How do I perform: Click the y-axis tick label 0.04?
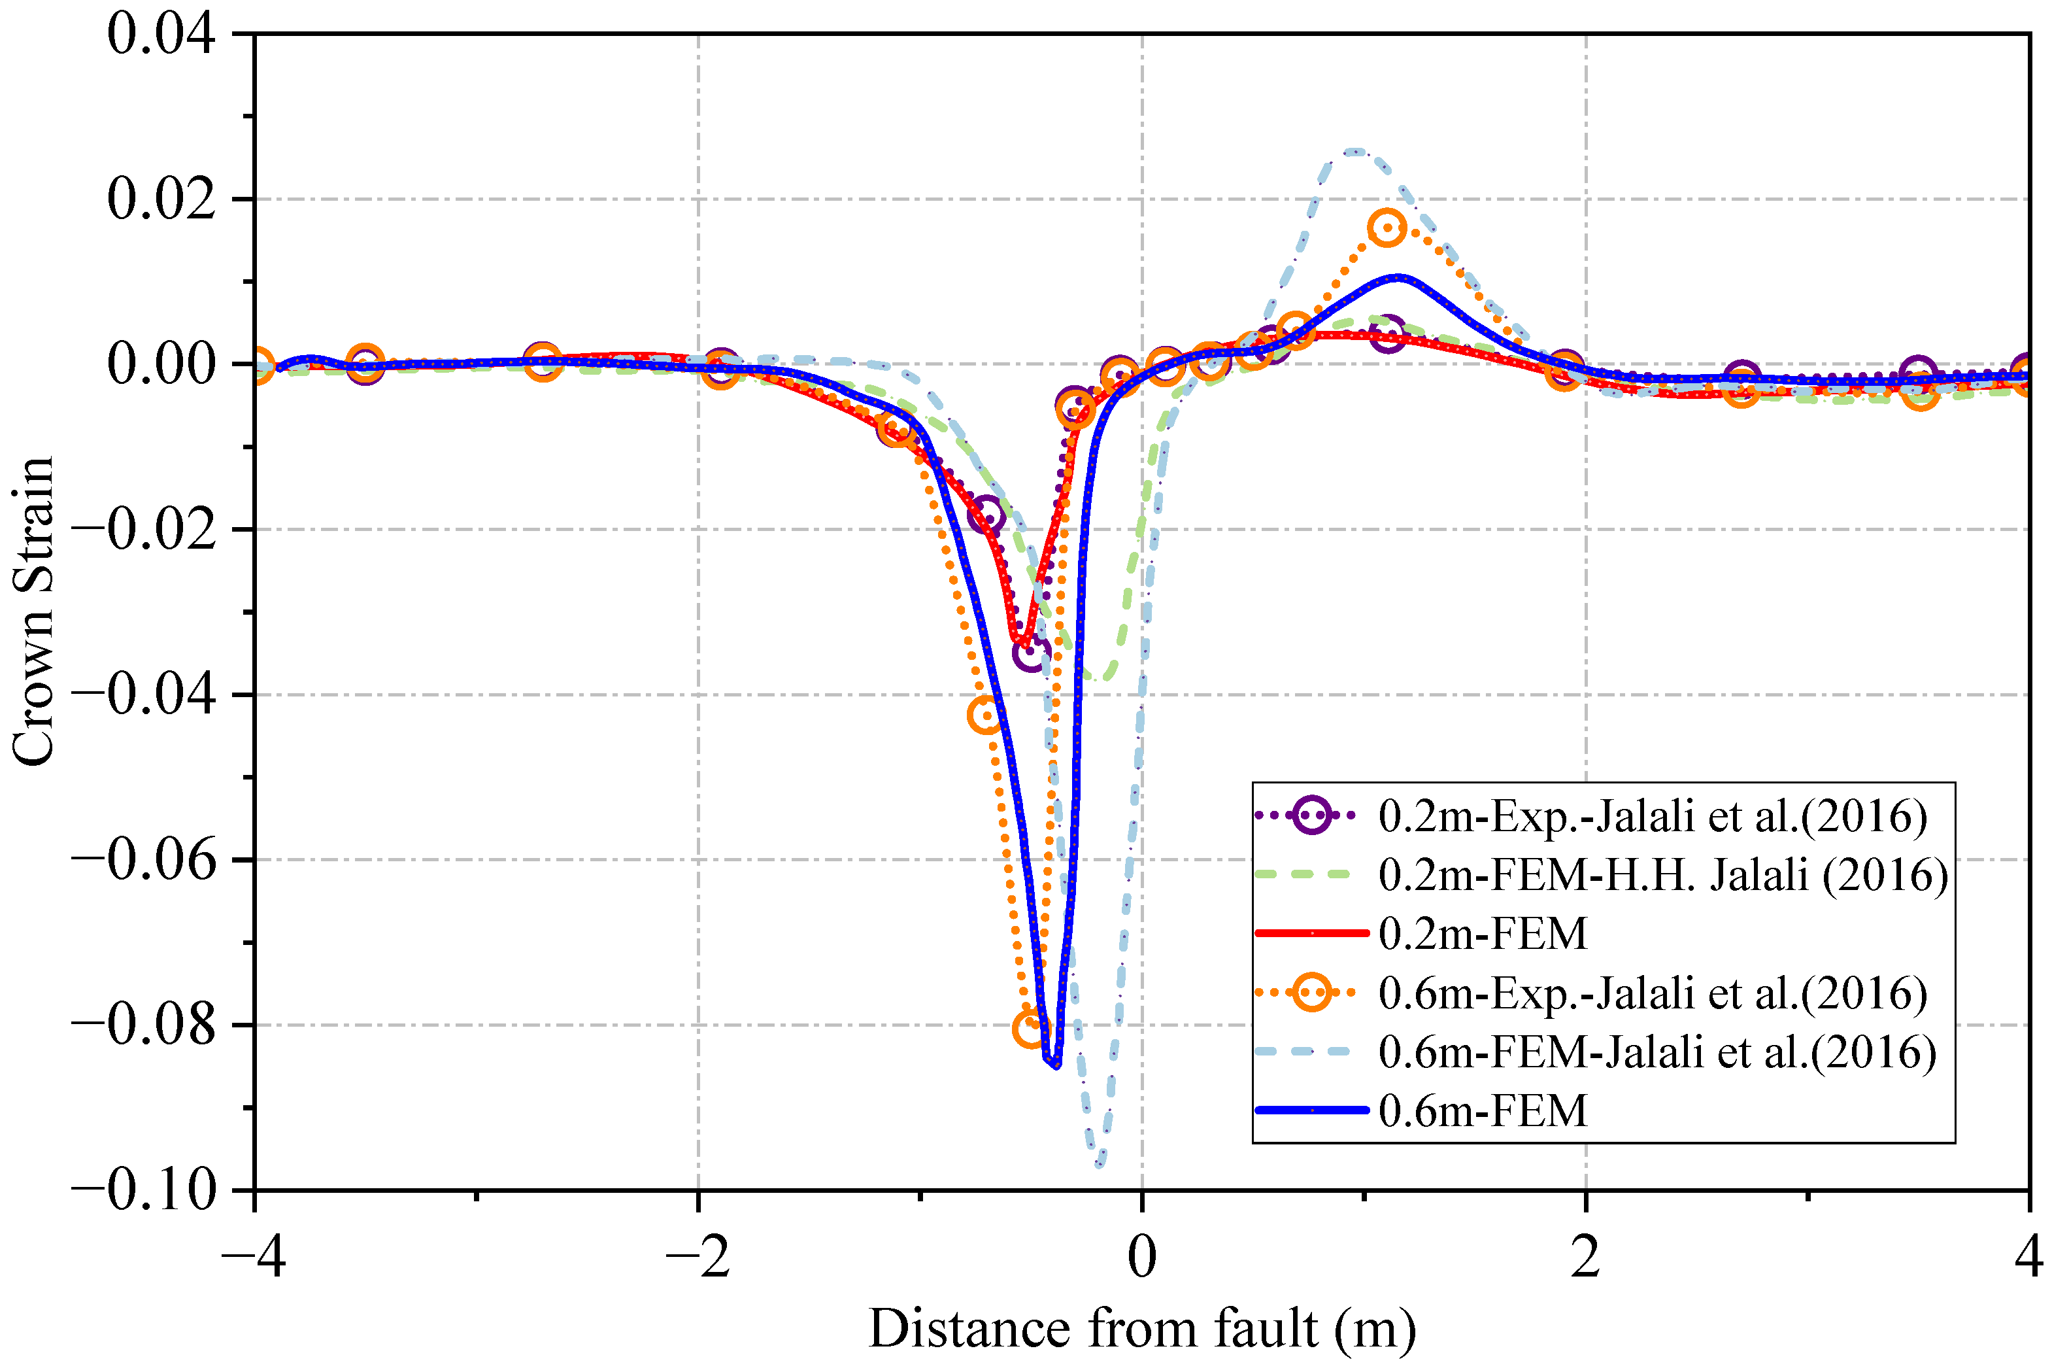coord(161,35)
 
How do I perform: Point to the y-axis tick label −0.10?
coord(143,1190)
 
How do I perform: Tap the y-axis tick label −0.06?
coord(143,859)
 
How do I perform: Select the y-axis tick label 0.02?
coord(161,199)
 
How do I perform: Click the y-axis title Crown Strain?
coord(33,611)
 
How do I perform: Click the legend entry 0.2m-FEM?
coord(1482,934)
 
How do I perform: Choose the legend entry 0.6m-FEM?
coord(1482,1110)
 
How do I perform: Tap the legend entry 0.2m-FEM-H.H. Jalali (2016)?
coord(1663,875)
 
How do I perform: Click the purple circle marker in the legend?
coord(1311,815)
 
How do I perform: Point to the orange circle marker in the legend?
coord(1311,992)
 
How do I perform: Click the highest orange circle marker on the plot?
coord(1387,228)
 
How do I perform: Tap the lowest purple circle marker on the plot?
coord(1032,652)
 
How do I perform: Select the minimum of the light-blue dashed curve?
coord(1100,1165)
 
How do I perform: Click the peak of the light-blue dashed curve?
coord(1355,151)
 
